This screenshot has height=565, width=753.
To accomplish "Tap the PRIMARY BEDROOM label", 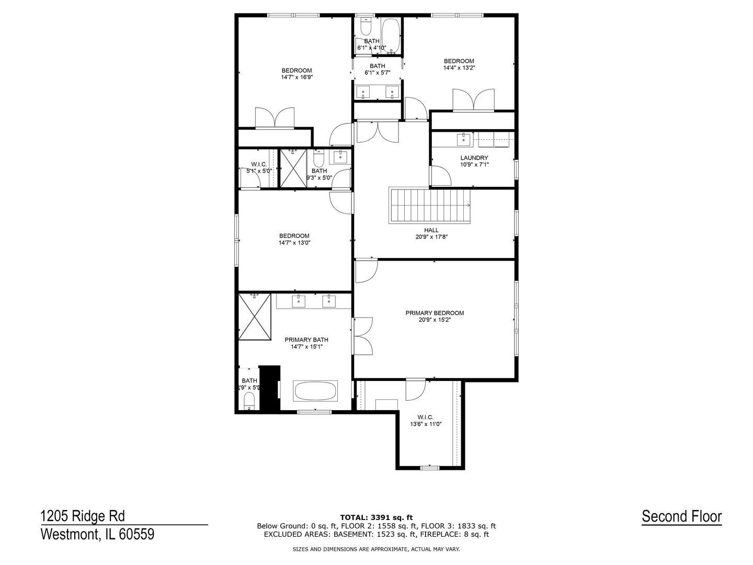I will point(435,313).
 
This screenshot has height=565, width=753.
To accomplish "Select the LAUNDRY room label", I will point(474,158).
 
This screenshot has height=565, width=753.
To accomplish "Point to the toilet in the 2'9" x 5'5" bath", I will point(249,402).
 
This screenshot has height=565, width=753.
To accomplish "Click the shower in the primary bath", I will point(255,317).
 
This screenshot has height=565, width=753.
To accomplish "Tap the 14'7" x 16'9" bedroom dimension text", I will point(296,77).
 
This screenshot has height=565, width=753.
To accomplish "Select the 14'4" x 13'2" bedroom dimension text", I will point(459,67).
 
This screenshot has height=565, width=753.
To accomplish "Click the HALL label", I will point(431,230).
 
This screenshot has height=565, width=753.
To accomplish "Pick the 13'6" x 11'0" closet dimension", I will point(426,424).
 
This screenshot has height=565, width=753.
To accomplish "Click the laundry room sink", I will point(463,139).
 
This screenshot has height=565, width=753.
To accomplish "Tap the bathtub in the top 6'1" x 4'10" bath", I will point(391,34).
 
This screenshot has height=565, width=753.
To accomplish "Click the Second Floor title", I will point(681,517).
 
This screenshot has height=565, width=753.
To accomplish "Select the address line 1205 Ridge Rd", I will point(83,516).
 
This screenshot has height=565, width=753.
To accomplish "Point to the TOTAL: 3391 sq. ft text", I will point(376,517).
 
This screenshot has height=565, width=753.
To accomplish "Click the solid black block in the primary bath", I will point(270,388).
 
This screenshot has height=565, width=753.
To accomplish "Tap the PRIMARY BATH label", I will point(306,340).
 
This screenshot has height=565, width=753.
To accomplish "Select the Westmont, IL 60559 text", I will point(97,535).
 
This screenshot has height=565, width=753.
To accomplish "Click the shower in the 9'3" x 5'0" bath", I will point(293,168).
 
